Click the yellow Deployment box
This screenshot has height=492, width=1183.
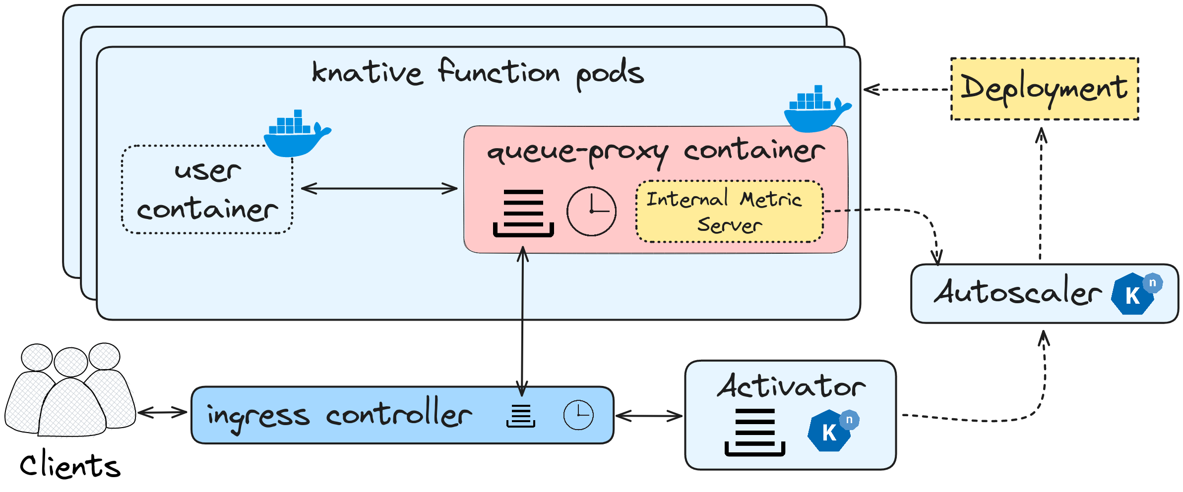[x=1044, y=89]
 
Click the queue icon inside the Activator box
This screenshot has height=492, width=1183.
[x=754, y=432]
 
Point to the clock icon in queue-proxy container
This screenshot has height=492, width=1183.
[x=591, y=211]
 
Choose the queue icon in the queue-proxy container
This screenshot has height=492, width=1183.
[x=523, y=213]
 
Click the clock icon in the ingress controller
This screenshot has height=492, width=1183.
[x=578, y=415]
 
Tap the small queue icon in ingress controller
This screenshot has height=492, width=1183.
[x=521, y=416]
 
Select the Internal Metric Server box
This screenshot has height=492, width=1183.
[x=729, y=212]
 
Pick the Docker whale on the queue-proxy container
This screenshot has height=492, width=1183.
[x=816, y=110]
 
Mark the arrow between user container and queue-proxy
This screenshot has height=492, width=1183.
[x=379, y=189]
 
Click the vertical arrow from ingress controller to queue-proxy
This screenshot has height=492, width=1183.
[x=522, y=322]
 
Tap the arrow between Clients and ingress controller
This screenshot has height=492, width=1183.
[x=163, y=412]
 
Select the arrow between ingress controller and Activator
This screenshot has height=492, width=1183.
[x=649, y=416]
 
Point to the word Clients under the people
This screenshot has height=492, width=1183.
[x=70, y=466]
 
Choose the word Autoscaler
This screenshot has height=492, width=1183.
[x=1017, y=292]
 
